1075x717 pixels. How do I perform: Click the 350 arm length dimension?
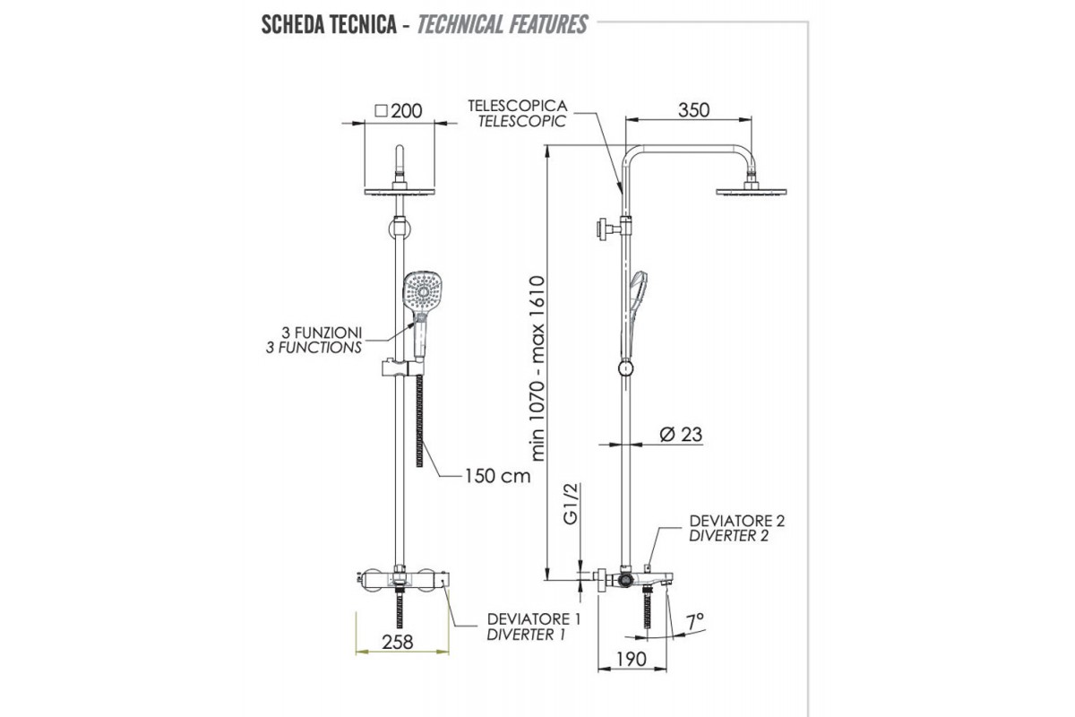point(692,110)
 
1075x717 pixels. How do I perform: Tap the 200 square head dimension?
point(399,111)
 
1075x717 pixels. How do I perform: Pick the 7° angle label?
point(695,619)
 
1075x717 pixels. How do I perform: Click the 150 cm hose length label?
point(496,475)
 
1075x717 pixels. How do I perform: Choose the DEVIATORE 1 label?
point(534,618)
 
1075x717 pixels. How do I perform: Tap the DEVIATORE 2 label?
point(737,520)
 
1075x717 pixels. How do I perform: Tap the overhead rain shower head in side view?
point(751,188)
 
